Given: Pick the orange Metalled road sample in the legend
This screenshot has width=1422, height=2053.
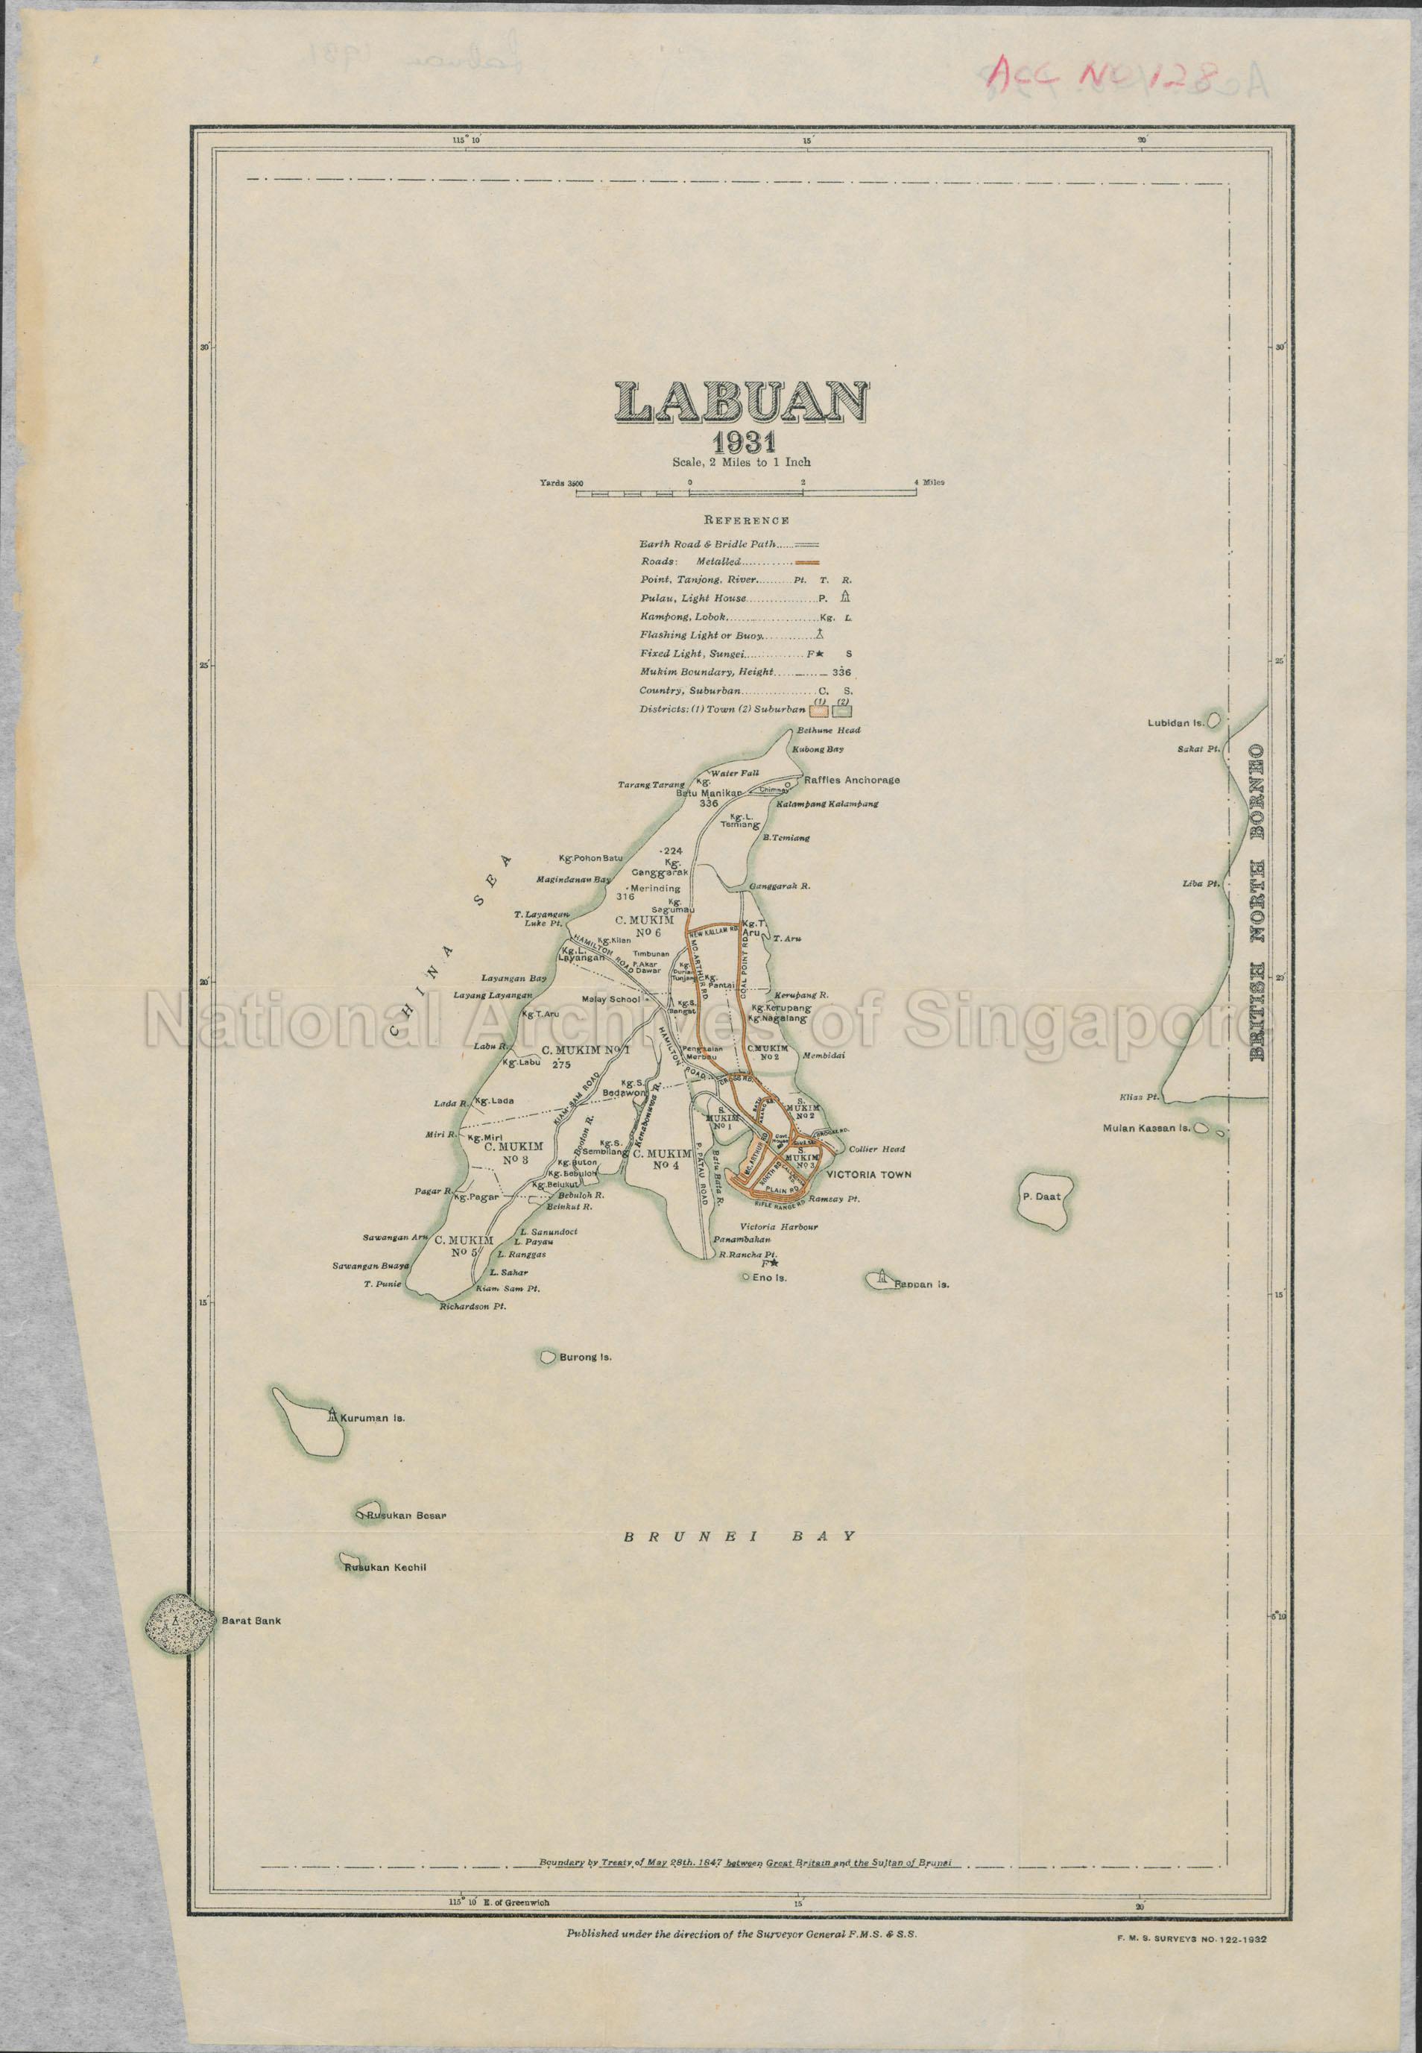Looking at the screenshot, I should (x=807, y=562).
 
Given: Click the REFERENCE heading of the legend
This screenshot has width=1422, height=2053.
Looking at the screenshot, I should (x=746, y=520).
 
